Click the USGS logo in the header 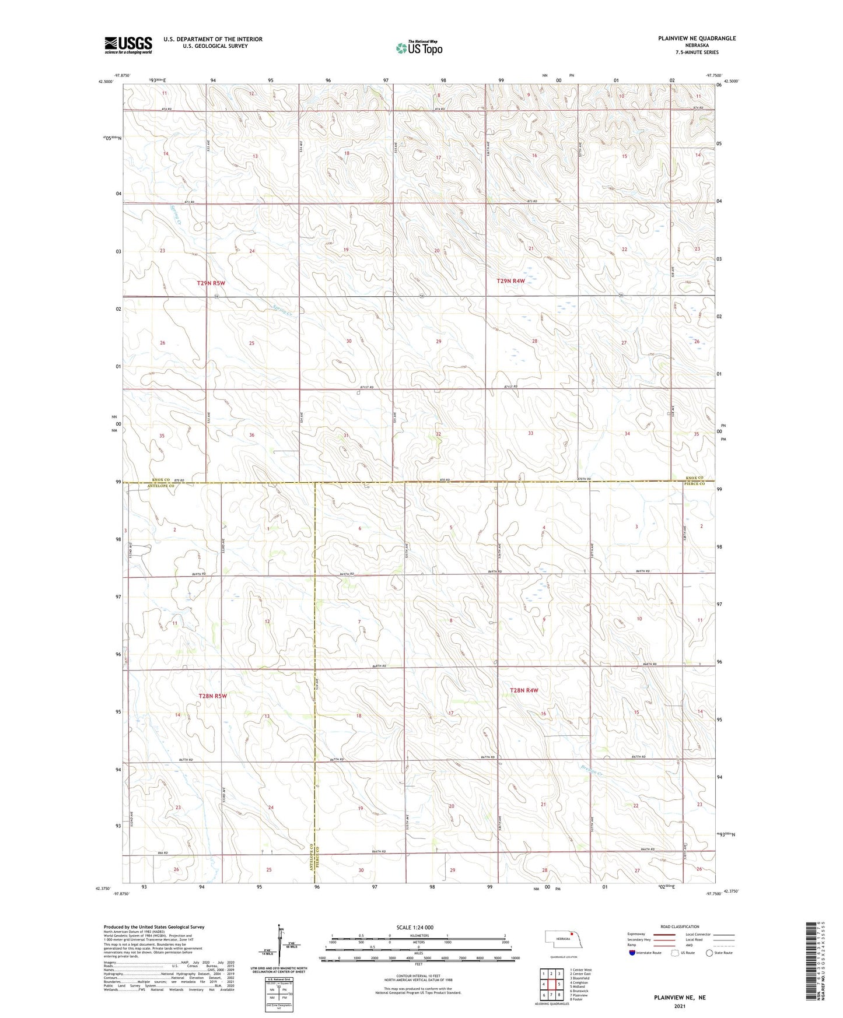point(128,44)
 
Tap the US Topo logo point(418,48)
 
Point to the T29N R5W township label point(211,283)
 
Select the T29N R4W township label point(510,281)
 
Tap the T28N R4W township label point(523,690)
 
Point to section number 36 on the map point(251,435)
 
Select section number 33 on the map point(530,433)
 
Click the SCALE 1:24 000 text point(415,927)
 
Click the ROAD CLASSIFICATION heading point(680,926)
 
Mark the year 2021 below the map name point(680,1006)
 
